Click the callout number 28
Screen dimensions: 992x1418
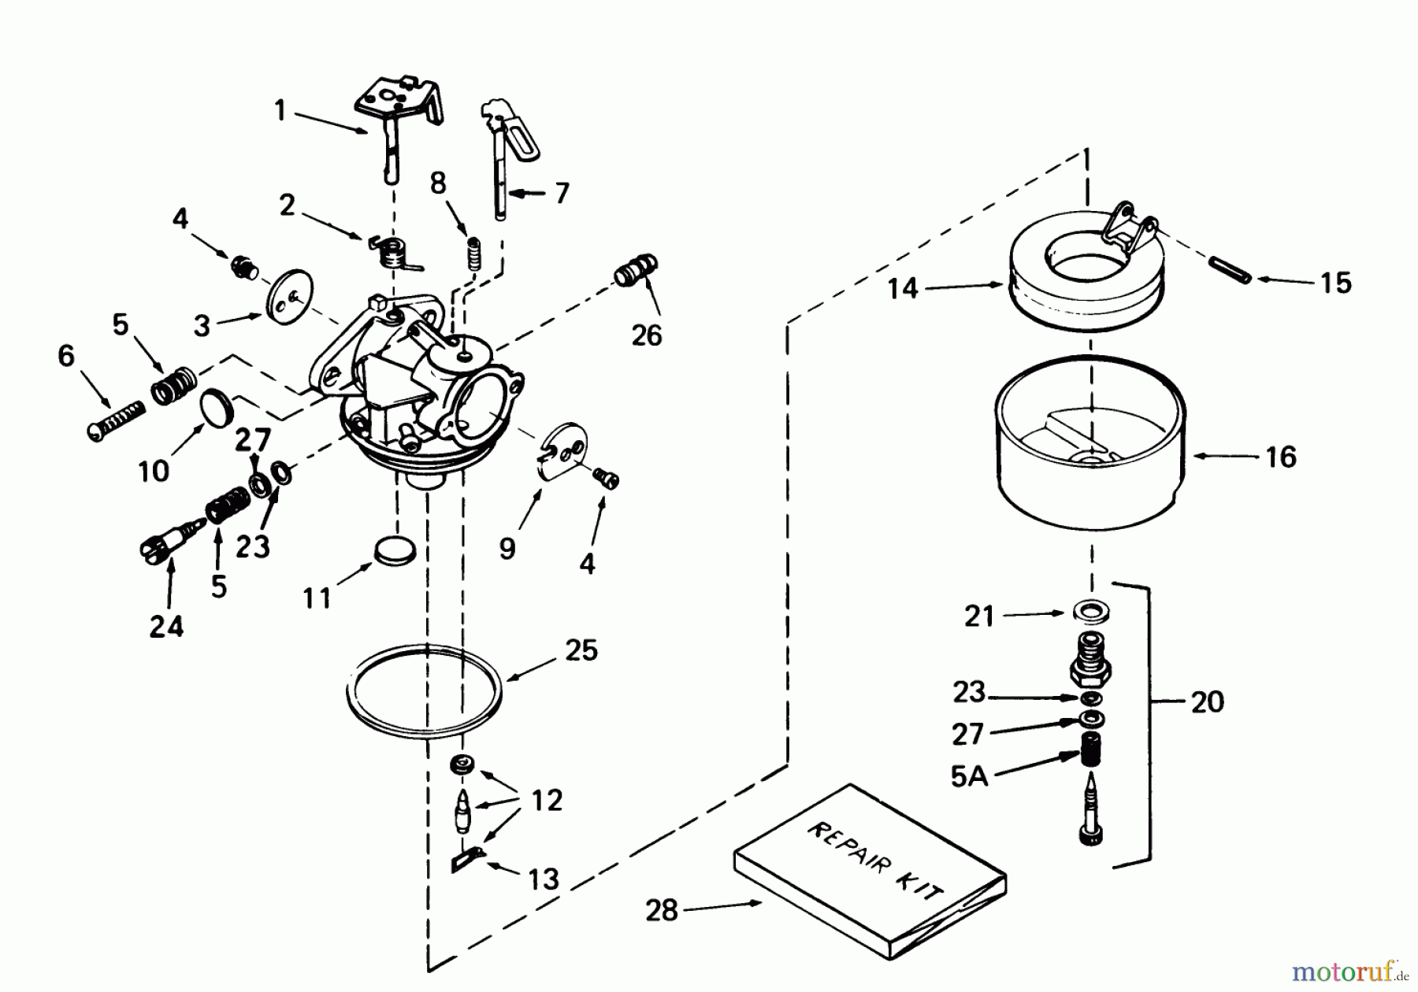(x=661, y=911)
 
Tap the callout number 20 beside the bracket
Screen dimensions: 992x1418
(x=1207, y=701)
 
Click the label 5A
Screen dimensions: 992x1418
(x=969, y=776)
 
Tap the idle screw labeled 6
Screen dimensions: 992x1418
(x=116, y=421)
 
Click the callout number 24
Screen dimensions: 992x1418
(x=166, y=627)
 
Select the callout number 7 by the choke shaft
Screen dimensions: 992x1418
(x=561, y=193)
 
